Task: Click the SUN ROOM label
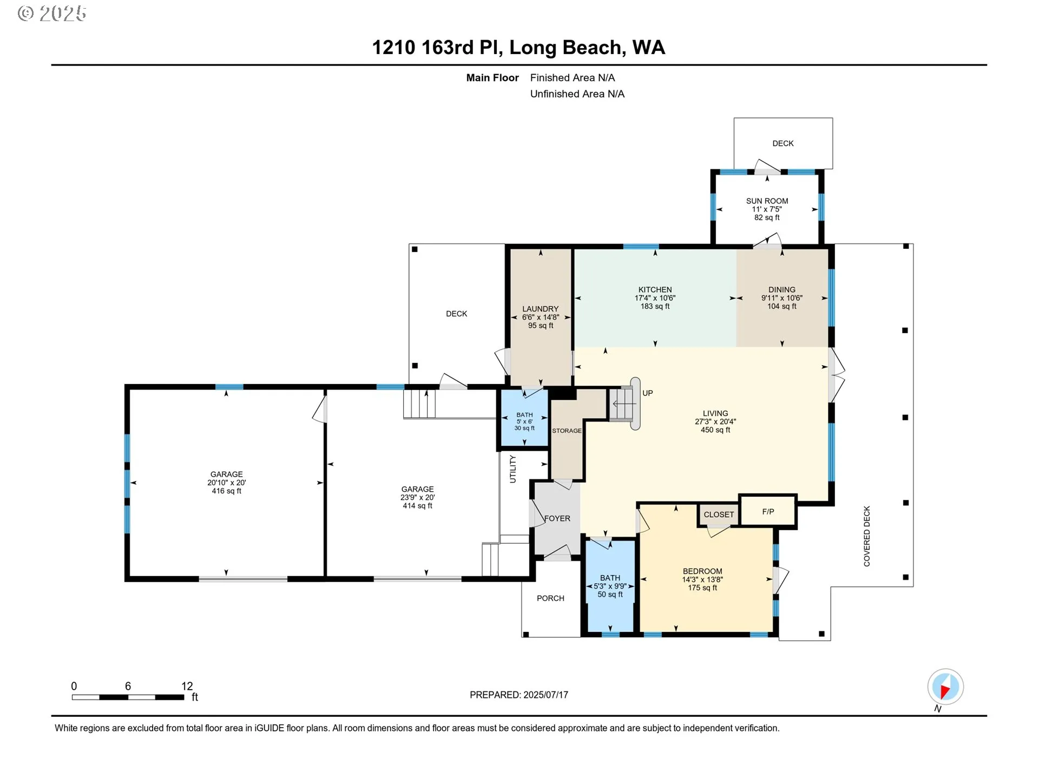coord(767,201)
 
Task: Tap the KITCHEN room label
coord(655,289)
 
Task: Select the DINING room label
coord(782,289)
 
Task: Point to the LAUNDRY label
coord(540,309)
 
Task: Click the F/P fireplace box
coord(768,511)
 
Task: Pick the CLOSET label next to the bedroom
coord(719,514)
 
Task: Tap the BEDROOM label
coord(702,571)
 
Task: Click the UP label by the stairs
coord(648,393)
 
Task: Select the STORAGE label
coord(567,431)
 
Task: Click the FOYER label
coord(557,518)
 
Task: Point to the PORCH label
coord(550,598)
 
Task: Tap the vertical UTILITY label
coord(512,468)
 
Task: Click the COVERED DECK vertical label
coord(867,536)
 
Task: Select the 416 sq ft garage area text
coord(226,491)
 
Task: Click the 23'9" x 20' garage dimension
coord(417,498)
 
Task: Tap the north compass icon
coord(945,687)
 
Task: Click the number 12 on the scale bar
coord(187,686)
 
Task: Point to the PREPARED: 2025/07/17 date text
coord(519,695)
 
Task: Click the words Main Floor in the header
coord(492,78)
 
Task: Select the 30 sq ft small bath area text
coord(524,428)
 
